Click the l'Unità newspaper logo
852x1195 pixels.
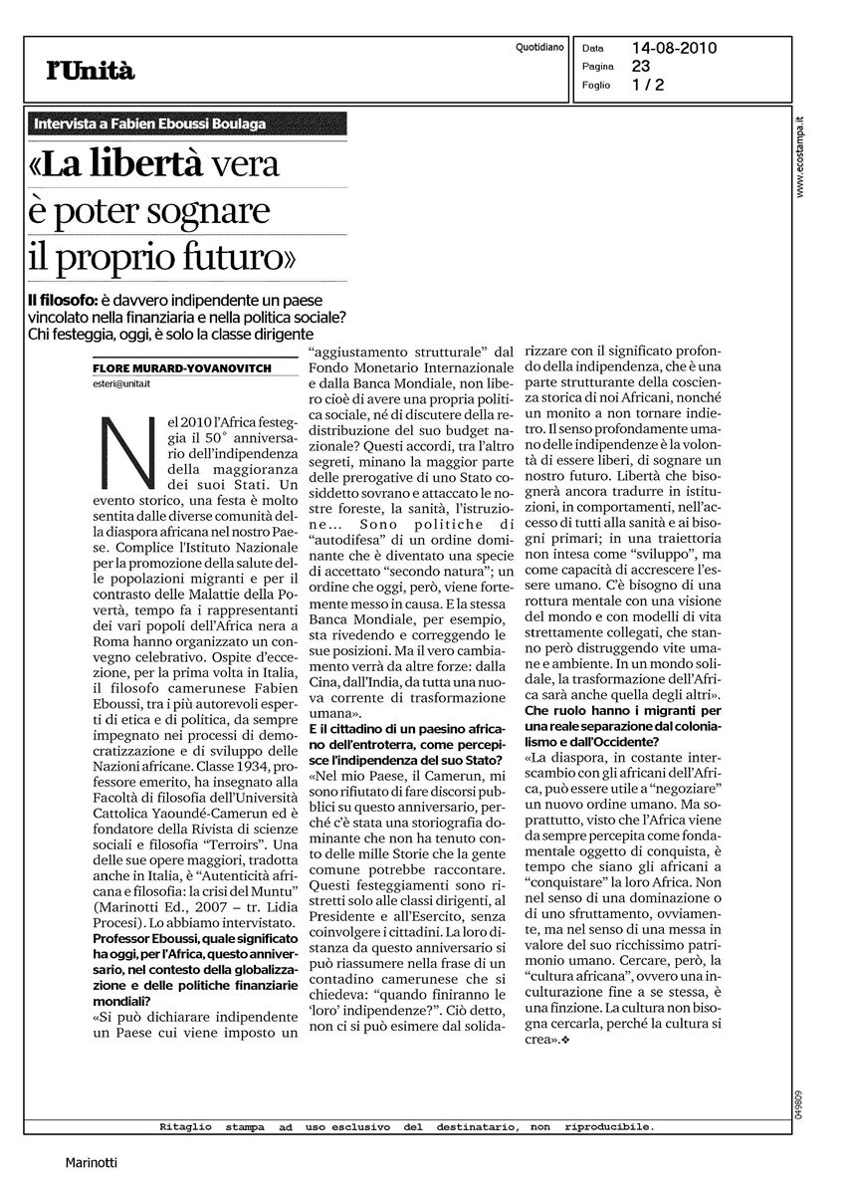[90, 70]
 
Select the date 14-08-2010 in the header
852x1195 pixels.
[674, 48]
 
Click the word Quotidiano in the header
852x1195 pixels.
[540, 48]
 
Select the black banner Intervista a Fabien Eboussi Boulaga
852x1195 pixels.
[149, 123]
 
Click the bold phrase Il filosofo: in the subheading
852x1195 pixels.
[61, 300]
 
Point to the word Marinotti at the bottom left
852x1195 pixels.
[92, 1161]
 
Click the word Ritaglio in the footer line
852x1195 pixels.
[184, 1127]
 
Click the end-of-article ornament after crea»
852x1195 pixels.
[565, 1041]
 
